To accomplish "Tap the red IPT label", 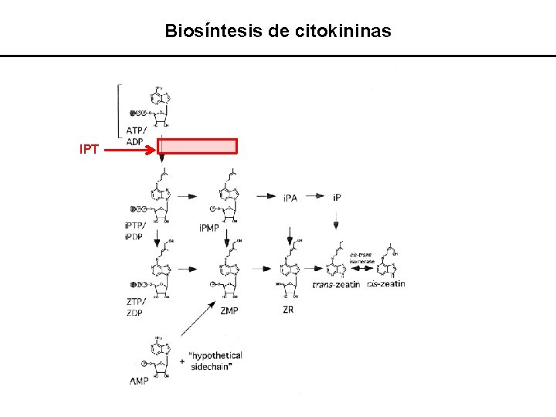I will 89,149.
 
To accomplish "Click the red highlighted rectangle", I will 198,147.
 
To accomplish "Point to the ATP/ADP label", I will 136,136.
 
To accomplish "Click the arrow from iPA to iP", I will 315,197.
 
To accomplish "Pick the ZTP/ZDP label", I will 134,307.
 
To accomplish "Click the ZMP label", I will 229,311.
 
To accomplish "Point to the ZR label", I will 288,310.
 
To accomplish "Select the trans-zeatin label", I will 337,285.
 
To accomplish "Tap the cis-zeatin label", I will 385,284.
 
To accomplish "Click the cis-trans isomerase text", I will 361,258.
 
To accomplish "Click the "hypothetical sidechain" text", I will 217,361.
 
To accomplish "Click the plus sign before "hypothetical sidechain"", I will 181,361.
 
